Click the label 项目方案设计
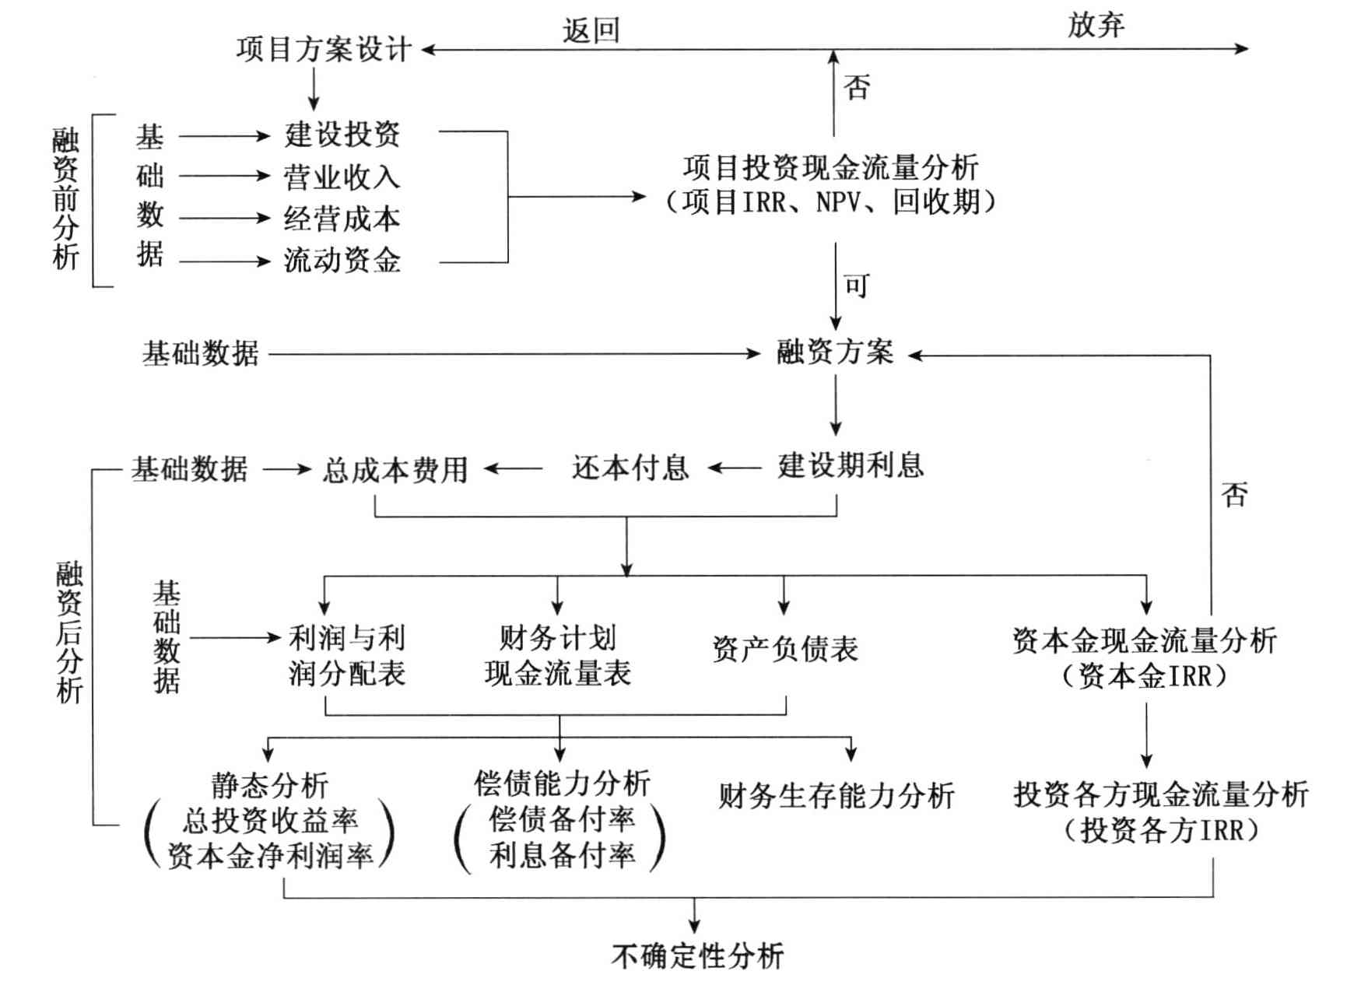tap(324, 50)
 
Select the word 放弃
tap(1096, 26)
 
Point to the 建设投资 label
tap(342, 135)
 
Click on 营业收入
tap(342, 177)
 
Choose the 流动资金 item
tap(342, 261)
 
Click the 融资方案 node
tap(835, 352)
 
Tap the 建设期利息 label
tap(851, 466)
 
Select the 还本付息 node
tap(630, 468)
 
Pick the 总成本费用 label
tap(395, 470)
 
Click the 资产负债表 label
tap(785, 649)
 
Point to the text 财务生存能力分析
tap(836, 796)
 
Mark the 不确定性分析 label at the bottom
tap(697, 956)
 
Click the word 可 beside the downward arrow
tap(857, 286)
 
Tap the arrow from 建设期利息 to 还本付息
tap(735, 468)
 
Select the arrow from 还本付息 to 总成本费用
tap(514, 468)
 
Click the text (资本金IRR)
tap(1145, 676)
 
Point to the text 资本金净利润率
tap(270, 856)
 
